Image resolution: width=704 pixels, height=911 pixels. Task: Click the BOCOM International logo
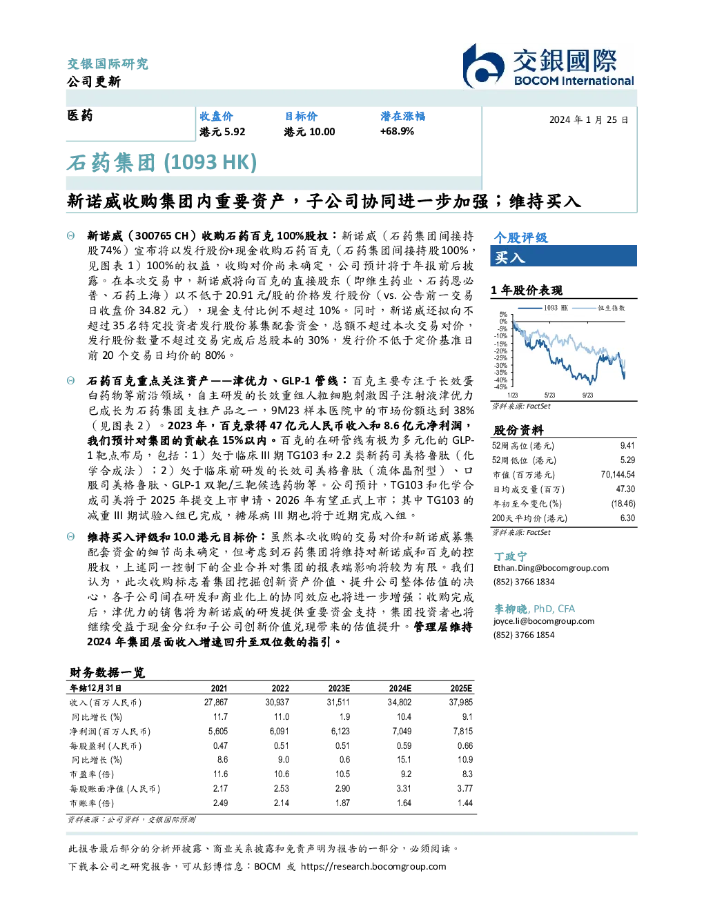click(548, 66)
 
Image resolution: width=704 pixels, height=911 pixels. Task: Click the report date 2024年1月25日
click(589, 120)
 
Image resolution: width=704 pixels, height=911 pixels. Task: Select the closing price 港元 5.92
click(222, 132)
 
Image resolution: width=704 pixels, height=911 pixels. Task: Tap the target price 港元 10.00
click(309, 132)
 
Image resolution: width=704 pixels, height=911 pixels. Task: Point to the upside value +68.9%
click(397, 131)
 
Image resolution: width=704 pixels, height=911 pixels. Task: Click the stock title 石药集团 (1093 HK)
click(162, 162)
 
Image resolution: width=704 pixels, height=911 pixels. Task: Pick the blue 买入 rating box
click(563, 256)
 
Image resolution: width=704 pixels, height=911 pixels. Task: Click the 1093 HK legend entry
click(543, 308)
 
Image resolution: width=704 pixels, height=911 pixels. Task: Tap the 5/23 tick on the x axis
click(549, 395)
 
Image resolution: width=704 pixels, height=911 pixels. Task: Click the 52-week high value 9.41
click(627, 445)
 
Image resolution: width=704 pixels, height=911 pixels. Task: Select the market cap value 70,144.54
click(618, 474)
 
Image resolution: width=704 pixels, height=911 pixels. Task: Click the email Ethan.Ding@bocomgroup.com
click(551, 567)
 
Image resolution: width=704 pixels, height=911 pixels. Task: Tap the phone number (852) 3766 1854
click(524, 635)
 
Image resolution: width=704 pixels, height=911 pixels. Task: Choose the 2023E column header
click(339, 688)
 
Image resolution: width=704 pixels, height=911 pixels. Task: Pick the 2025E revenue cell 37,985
click(460, 702)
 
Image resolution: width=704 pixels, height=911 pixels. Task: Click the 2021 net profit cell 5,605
click(218, 731)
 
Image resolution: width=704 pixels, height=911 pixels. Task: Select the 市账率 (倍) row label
click(91, 803)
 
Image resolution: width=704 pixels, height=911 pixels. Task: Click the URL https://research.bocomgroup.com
click(373, 867)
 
